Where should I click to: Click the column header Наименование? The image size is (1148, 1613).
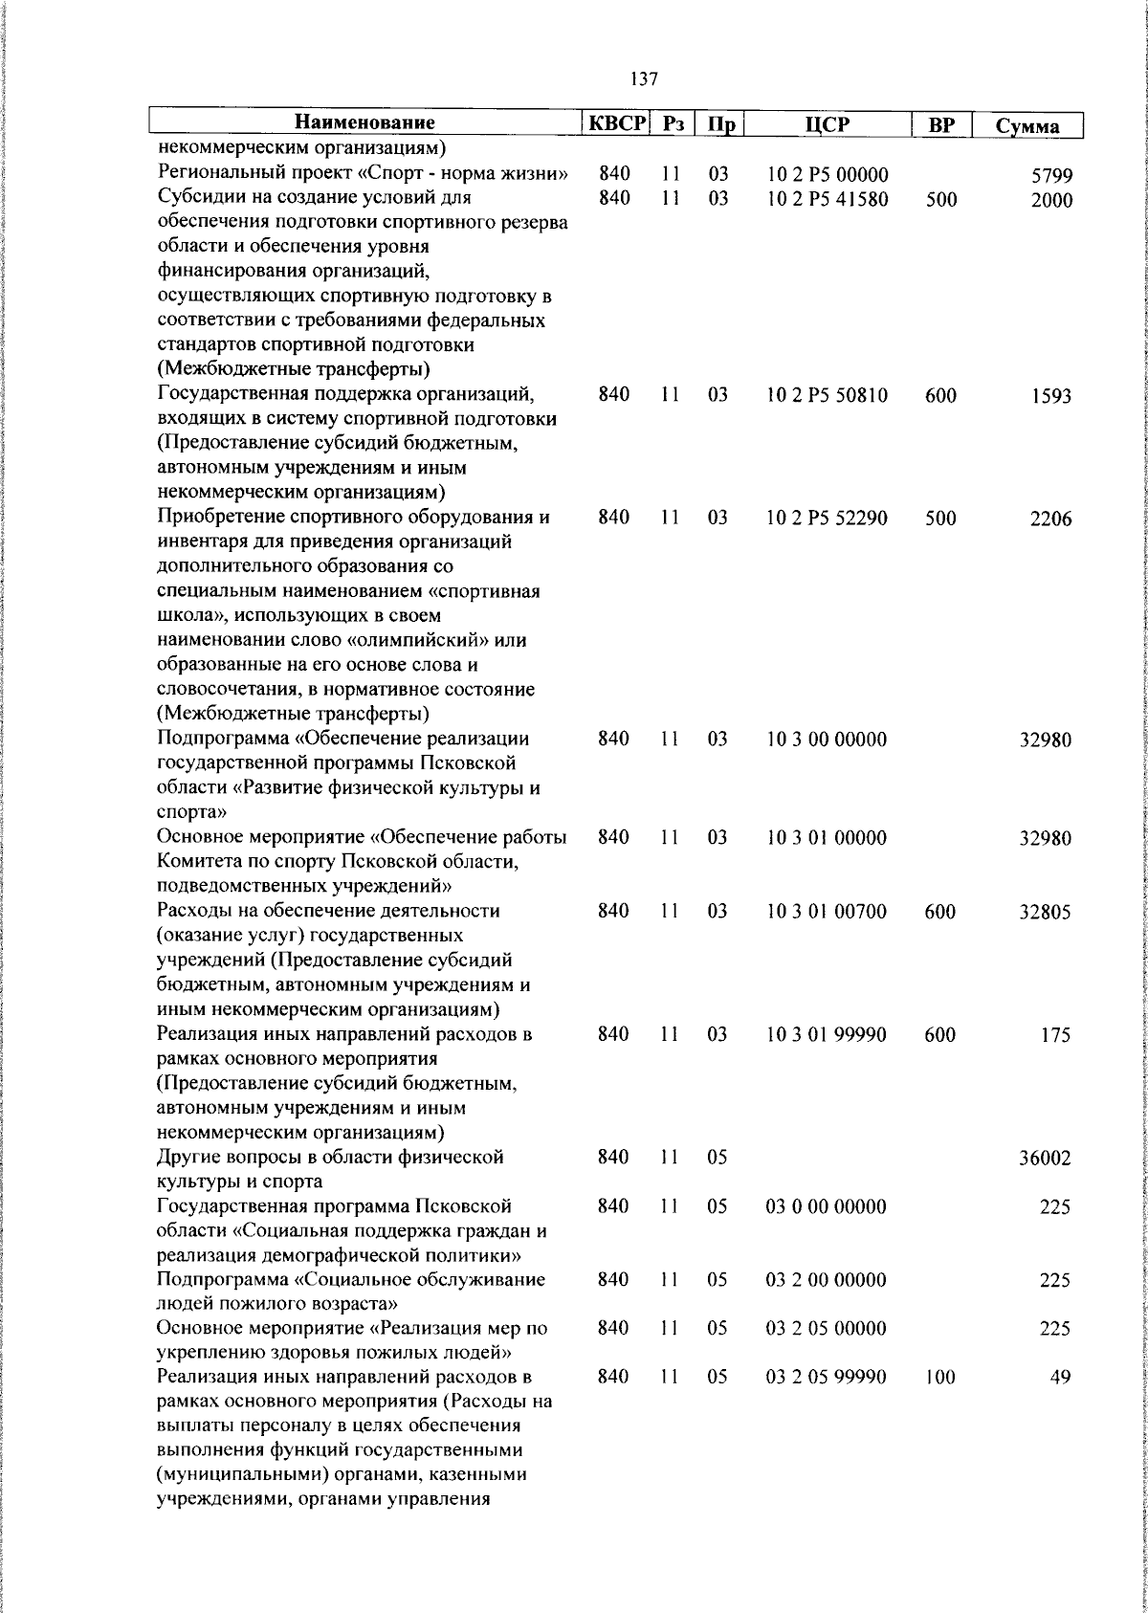364,122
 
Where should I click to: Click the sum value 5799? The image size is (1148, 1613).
1051,176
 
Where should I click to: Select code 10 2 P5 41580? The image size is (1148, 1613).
828,200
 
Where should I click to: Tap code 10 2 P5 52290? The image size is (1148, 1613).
828,518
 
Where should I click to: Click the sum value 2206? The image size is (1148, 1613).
1051,519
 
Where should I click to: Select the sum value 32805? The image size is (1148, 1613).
1045,913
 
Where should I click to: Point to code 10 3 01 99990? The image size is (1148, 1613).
828,1034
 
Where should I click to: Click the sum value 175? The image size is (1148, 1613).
1057,1035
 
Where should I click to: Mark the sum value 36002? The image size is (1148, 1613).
1045,1159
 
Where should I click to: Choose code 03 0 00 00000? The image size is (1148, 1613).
828,1206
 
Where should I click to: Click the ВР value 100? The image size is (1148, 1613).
941,1378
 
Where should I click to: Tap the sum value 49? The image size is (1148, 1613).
1061,1378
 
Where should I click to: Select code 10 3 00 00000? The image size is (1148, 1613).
828,740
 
